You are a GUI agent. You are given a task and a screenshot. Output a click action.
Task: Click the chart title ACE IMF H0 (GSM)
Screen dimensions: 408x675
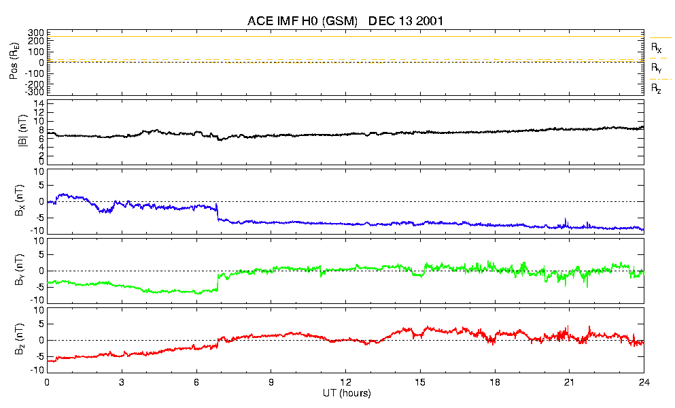click(302, 21)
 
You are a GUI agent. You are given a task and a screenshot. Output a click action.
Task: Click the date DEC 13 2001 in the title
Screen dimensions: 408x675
click(406, 21)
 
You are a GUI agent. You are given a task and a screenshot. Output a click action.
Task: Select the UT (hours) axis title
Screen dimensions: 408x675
click(346, 394)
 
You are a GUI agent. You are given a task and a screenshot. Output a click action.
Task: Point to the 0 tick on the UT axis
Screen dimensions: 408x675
click(47, 383)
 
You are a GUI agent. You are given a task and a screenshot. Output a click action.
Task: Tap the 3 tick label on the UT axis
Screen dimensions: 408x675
click(122, 383)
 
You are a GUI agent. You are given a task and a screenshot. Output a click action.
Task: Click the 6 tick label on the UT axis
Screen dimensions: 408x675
click(196, 383)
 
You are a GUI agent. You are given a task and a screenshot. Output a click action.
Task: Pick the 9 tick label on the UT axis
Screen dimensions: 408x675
click(271, 383)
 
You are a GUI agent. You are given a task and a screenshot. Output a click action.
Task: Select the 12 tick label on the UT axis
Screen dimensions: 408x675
click(345, 383)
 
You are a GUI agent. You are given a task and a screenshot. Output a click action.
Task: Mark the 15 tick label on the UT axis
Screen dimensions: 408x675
click(420, 383)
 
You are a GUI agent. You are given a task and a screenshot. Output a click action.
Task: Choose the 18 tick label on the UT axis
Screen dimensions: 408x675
click(495, 383)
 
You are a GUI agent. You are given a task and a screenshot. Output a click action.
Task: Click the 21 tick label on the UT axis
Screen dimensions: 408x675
click(570, 383)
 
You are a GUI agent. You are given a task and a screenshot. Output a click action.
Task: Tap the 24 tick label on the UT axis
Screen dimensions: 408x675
click(644, 383)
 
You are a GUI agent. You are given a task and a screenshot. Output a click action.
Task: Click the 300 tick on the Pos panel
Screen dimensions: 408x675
click(36, 33)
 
